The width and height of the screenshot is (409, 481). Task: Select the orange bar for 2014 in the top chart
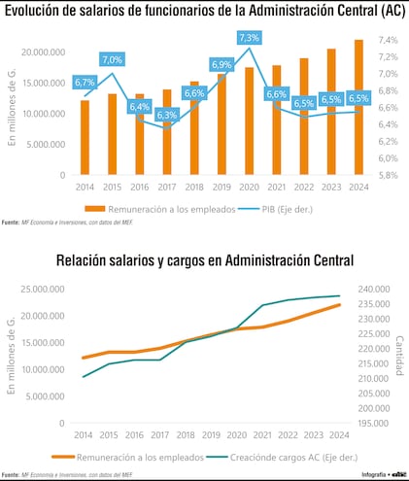pos(85,137)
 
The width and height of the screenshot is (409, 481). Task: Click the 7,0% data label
pos(112,59)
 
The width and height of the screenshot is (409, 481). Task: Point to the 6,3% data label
pos(166,115)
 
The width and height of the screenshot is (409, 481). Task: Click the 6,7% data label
pos(84,83)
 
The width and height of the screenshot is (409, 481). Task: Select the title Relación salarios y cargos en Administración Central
pos(205,259)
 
